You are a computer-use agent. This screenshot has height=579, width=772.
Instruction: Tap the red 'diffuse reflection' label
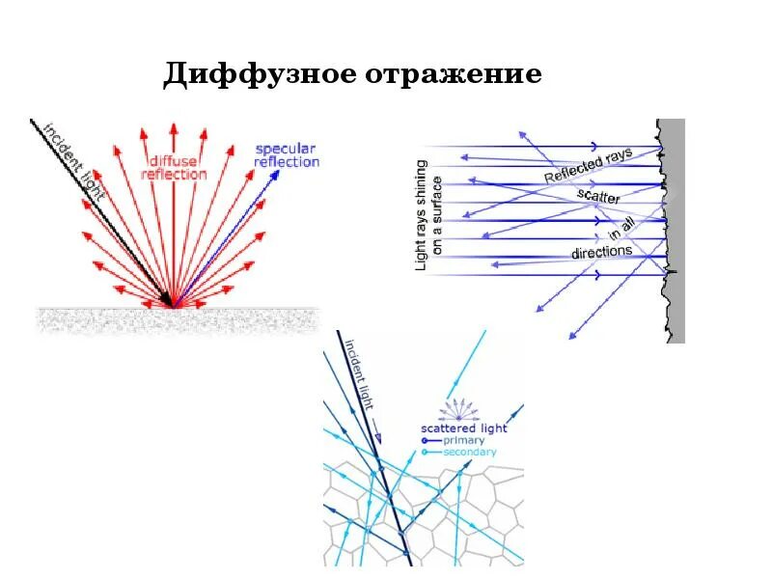pyautogui.click(x=174, y=167)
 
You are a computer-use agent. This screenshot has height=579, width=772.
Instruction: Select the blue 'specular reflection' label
pyautogui.click(x=287, y=155)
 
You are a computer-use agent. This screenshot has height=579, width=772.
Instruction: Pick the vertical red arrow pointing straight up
pyautogui.click(x=174, y=212)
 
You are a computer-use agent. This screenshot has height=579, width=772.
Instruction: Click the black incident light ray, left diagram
pyautogui.click(x=106, y=217)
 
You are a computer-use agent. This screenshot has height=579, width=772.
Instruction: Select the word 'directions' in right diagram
pyautogui.click(x=601, y=252)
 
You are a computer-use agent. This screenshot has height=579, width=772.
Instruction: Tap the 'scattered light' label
pyautogui.click(x=463, y=427)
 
